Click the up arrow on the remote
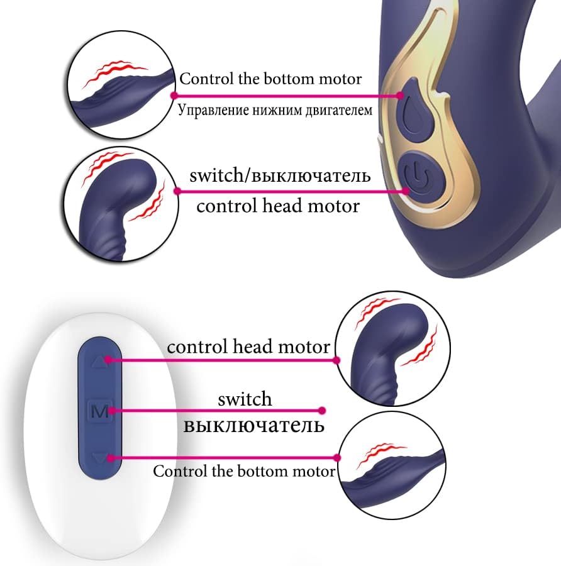click(99, 361)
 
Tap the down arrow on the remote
click(100, 459)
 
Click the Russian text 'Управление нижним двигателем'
click(275, 110)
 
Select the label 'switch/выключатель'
click(280, 175)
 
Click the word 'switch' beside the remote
click(245, 399)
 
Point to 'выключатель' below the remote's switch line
click(254, 425)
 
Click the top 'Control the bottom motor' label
click(270, 79)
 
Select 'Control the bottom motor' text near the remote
click(244, 471)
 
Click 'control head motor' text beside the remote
click(248, 347)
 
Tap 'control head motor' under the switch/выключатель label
click(278, 206)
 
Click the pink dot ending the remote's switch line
click(323, 411)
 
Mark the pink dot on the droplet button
click(400, 96)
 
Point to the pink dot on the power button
click(406, 191)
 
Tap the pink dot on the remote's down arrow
click(111, 458)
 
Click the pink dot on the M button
click(112, 411)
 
